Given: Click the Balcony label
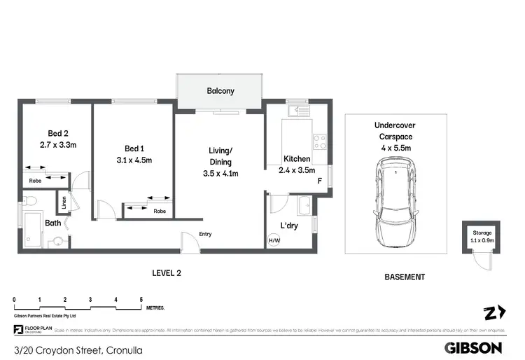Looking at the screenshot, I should pyautogui.click(x=220, y=91).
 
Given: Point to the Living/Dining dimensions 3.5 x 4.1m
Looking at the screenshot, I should pyautogui.click(x=220, y=174).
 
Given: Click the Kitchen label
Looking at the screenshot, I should pyautogui.click(x=297, y=159).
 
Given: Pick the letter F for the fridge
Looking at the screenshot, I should pyautogui.click(x=319, y=181).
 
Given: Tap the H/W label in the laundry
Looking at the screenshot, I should pyautogui.click(x=273, y=241).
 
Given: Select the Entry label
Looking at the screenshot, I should pyautogui.click(x=205, y=234).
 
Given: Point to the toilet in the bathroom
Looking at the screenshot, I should pyautogui.click(x=29, y=202).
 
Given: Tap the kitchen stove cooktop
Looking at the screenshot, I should pyautogui.click(x=319, y=141).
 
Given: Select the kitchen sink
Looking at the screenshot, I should pyautogui.click(x=299, y=110).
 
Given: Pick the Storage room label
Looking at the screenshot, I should pyautogui.click(x=482, y=233).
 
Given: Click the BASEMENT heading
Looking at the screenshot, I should pyautogui.click(x=405, y=277).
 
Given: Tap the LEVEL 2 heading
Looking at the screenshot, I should pyautogui.click(x=167, y=273).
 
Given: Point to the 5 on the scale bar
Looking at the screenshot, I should pyautogui.click(x=141, y=299).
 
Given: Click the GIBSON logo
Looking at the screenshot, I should pyautogui.click(x=474, y=347).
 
